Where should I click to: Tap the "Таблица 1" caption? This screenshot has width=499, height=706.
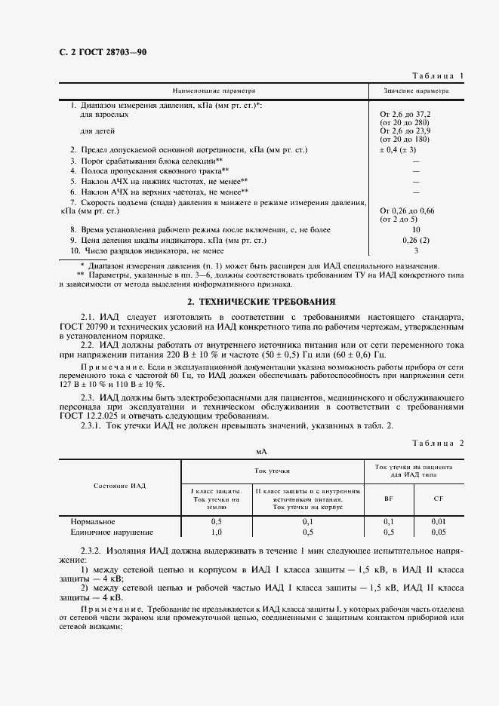pos(438,75)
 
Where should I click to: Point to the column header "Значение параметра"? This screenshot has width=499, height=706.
pos(416,90)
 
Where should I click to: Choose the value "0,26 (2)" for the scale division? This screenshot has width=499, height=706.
pos(416,240)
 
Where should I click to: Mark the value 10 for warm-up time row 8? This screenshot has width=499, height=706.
pos(416,229)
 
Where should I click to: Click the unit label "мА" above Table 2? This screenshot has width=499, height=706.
pos(262,452)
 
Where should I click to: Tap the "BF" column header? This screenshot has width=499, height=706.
pos(389,499)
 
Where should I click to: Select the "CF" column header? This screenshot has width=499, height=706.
pos(438,499)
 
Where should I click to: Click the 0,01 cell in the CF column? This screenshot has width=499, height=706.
pos(438,521)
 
